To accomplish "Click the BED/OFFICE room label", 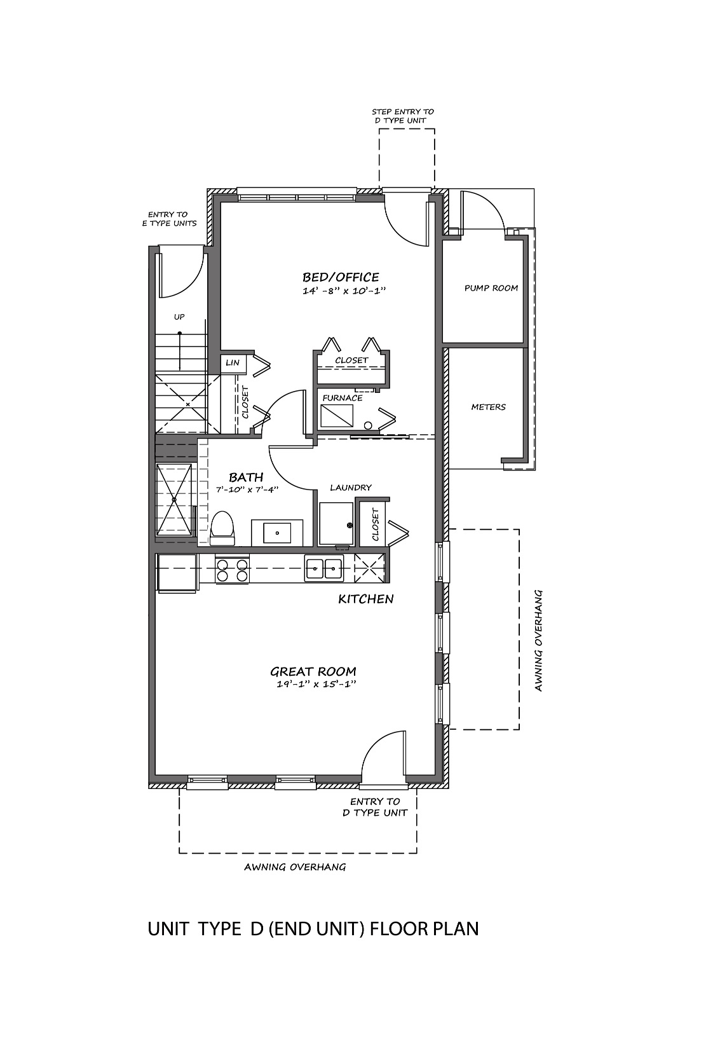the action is point(341,277).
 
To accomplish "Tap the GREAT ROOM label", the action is point(313,671).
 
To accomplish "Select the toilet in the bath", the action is point(222,528).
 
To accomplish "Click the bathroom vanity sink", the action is point(277,533).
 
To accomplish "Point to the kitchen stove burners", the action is point(232,569).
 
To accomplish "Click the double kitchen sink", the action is point(324,568).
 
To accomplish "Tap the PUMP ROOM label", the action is point(491,288).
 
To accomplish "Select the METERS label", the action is point(488,407).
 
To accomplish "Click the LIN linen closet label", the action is point(233,362).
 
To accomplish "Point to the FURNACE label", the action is point(342,397).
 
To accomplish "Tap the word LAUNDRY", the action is point(351,488).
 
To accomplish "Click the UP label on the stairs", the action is point(179,317).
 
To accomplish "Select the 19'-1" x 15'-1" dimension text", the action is point(316,684).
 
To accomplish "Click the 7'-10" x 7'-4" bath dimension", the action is point(247,490).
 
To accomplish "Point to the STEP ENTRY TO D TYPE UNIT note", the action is point(403,116).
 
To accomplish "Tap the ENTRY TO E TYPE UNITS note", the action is point(169,219).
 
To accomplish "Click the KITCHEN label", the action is point(365,599).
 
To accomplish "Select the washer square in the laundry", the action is point(336,524).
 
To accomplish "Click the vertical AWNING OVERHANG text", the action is point(538,640).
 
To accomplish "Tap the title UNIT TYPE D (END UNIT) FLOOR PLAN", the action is point(313,929).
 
